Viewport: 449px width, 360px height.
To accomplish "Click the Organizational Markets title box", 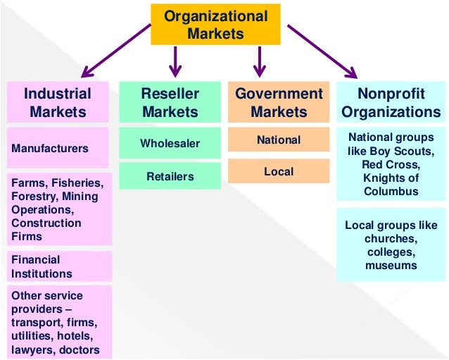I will click(216, 25).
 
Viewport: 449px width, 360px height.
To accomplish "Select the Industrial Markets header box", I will click(58, 102).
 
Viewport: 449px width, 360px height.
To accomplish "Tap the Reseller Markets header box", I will click(169, 102).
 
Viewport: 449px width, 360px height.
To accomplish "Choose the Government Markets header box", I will click(279, 102).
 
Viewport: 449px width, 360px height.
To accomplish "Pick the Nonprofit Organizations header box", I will click(391, 102).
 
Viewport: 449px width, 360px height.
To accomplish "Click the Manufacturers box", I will click(58, 148).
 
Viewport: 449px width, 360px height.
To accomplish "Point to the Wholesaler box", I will click(169, 143).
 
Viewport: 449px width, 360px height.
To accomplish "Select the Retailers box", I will click(169, 176).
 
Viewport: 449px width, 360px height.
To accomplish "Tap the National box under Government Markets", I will click(279, 139).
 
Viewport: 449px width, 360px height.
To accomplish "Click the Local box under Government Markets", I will click(279, 171).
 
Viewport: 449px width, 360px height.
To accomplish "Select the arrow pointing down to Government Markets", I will click(259, 61).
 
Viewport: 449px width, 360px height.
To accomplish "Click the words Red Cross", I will click(391, 164).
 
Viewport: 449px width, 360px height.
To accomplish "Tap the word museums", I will click(391, 266).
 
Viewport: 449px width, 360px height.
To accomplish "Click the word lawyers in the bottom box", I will click(31, 349).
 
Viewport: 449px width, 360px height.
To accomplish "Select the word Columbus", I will click(391, 191).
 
